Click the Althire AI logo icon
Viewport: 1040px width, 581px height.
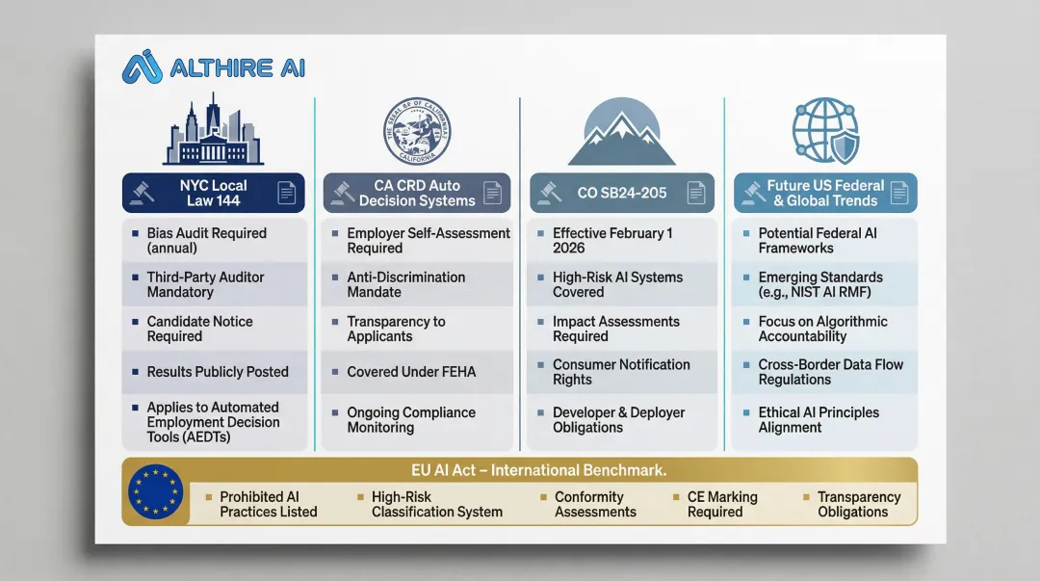tap(143, 67)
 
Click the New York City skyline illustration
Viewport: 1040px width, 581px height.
tap(214, 133)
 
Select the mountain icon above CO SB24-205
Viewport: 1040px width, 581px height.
tap(621, 133)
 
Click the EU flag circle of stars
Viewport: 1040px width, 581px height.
tap(156, 492)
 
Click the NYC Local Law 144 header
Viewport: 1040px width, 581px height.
tap(213, 193)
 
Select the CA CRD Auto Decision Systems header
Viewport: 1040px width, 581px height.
tap(416, 193)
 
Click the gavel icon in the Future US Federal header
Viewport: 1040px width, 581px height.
tap(750, 193)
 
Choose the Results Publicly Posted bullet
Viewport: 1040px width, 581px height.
tap(217, 372)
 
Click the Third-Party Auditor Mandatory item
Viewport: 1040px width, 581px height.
tap(206, 284)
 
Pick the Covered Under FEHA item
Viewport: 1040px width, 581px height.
tap(411, 372)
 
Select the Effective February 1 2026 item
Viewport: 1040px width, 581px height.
tap(612, 240)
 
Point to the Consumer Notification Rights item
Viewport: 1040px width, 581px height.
tap(621, 372)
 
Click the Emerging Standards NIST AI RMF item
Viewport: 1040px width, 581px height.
tap(820, 284)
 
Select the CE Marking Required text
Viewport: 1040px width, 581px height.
tap(722, 504)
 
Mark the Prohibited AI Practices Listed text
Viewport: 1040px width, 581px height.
tap(268, 504)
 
